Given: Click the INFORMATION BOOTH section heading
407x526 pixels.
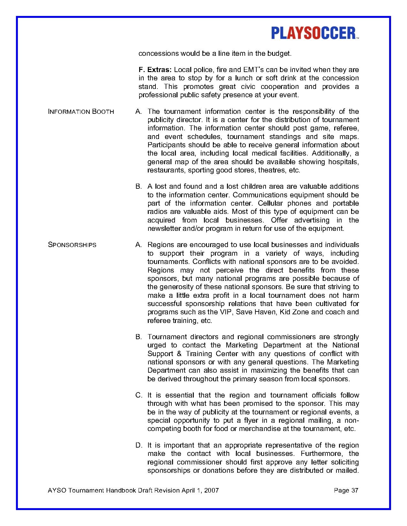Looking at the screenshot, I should click(81, 112).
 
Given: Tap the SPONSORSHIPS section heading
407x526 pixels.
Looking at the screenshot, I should click(72, 245).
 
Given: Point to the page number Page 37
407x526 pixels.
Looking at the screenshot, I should click(346, 490).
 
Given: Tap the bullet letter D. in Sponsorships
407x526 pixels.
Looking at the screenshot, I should click(139, 445).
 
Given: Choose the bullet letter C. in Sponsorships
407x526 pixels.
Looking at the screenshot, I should click(139, 395).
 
